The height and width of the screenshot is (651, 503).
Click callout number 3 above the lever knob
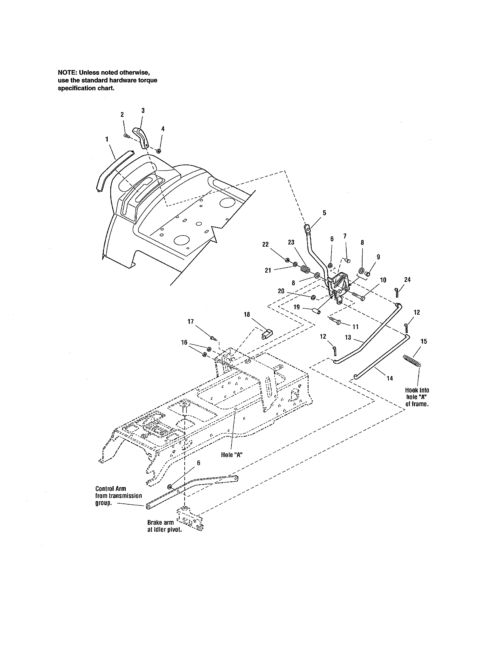point(143,111)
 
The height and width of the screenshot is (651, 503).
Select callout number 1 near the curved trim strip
point(107,139)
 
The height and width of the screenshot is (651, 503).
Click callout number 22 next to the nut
point(265,244)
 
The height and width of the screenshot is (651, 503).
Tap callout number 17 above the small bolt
point(190,321)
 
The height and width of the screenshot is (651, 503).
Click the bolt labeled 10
point(359,297)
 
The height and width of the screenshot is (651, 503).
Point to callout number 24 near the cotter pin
point(407,280)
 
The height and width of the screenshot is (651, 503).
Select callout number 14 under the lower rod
point(389,378)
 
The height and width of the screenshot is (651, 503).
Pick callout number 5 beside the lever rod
point(324,213)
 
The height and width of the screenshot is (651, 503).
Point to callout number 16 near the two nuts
point(184,342)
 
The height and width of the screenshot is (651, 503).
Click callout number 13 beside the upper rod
point(348,337)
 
